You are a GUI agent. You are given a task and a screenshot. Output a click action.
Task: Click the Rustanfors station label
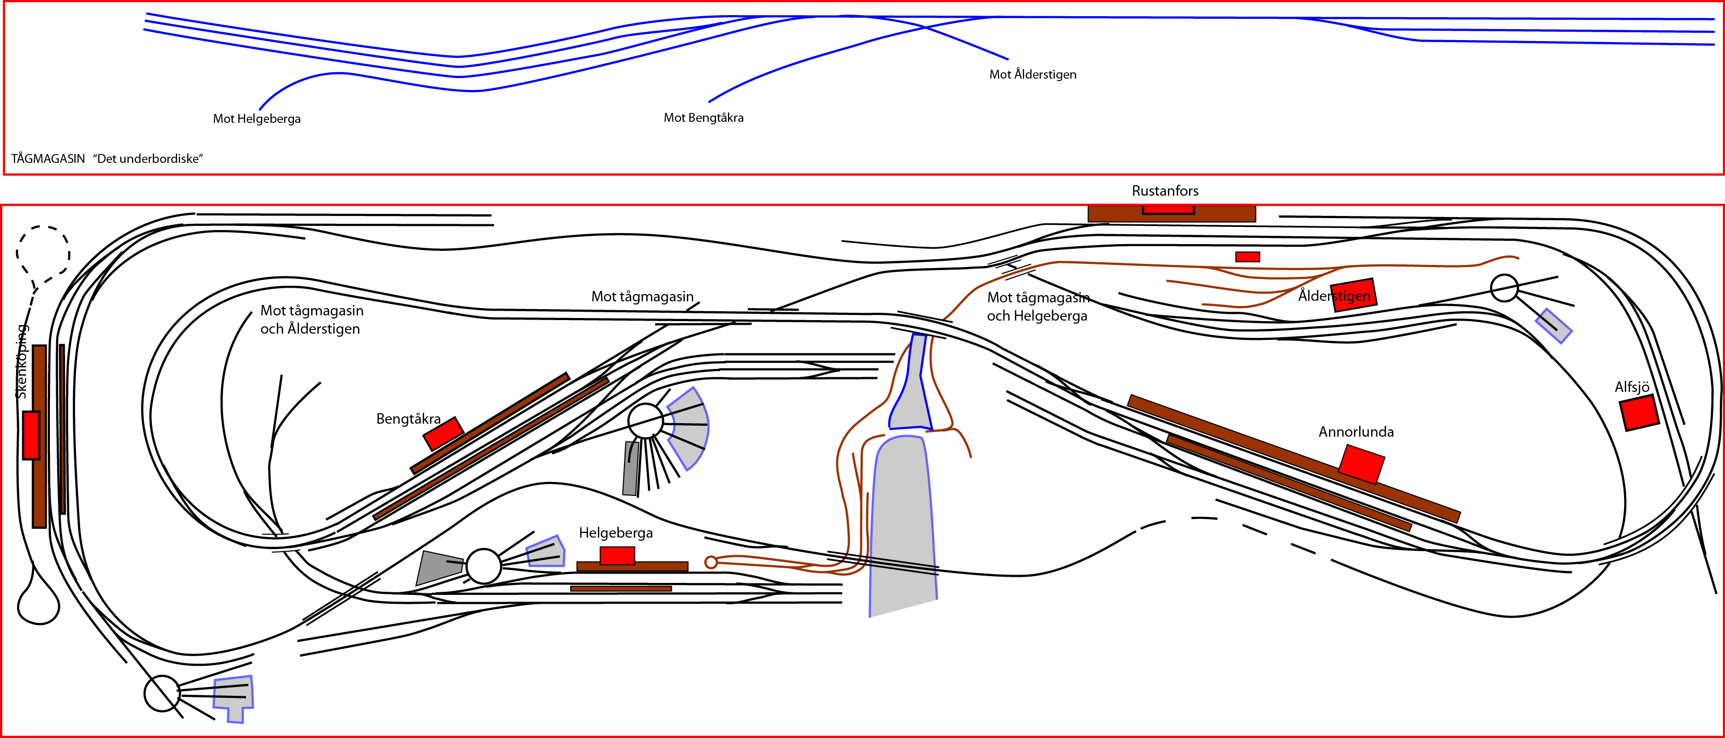[1165, 191]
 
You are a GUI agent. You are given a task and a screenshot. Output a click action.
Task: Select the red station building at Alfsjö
[1639, 413]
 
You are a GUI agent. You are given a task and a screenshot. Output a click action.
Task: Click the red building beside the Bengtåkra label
[443, 434]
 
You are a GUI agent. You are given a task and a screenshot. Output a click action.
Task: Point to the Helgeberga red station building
[617, 556]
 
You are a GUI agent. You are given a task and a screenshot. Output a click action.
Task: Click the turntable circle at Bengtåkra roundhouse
[645, 421]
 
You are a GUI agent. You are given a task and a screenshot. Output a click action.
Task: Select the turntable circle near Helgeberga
[483, 566]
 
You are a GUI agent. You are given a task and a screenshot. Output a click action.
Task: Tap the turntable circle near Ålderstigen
[1504, 288]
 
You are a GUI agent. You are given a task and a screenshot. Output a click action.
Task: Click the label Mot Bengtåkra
[703, 118]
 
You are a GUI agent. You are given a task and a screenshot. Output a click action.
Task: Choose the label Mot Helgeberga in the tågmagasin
[257, 119]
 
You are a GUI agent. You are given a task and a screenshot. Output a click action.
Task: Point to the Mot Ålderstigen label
[1032, 74]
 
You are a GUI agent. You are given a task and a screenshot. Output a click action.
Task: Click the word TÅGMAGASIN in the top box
[48, 159]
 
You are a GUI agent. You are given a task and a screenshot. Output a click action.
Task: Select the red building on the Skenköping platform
[31, 435]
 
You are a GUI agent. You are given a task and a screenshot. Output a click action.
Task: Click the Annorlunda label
[1356, 432]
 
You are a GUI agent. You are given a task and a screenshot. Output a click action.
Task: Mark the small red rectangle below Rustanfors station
[1247, 257]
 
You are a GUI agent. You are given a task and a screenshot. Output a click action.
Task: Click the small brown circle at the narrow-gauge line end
[711, 562]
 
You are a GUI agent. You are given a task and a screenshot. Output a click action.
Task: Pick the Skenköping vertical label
[21, 362]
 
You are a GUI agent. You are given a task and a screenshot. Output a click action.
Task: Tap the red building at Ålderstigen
[1354, 295]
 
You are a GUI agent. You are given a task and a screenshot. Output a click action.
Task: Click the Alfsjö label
[1632, 387]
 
